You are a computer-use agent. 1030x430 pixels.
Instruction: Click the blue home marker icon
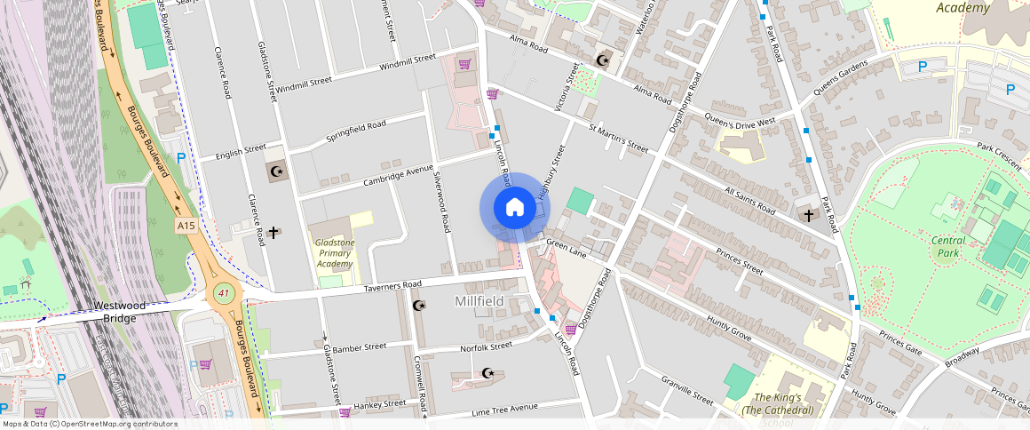point(514,208)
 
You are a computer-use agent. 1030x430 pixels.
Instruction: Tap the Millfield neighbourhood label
point(479,302)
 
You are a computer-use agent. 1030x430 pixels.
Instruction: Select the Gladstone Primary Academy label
point(336,253)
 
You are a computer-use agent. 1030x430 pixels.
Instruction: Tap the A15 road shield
point(186,227)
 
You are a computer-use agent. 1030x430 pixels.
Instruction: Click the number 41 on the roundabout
point(222,292)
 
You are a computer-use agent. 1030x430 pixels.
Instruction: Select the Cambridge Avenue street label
point(399,175)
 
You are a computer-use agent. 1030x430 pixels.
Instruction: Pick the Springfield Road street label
point(356,132)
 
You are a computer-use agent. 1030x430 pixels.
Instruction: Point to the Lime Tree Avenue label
point(505,408)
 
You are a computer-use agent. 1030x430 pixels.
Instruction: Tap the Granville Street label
point(686,389)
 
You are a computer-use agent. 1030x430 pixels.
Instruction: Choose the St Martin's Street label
point(619,138)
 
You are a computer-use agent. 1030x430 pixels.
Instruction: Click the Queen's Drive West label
point(740,120)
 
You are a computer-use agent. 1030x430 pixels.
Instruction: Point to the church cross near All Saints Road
point(808,214)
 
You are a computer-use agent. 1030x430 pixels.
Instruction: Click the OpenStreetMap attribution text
point(89,424)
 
